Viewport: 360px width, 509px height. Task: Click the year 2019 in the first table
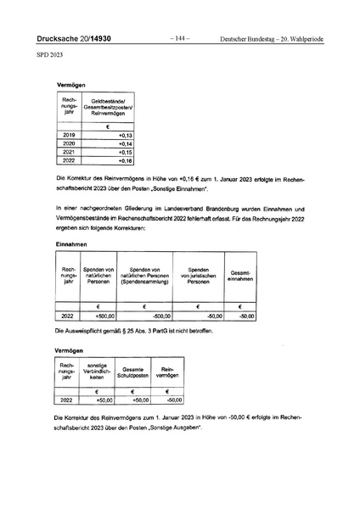70,135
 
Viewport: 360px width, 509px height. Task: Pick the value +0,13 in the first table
126,135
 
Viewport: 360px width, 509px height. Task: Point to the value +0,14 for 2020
126,143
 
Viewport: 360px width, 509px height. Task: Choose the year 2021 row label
70,151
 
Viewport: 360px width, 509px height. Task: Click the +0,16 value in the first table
126,159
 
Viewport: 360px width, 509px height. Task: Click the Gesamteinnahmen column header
241,276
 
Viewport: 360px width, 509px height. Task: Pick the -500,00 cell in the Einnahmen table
152,316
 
